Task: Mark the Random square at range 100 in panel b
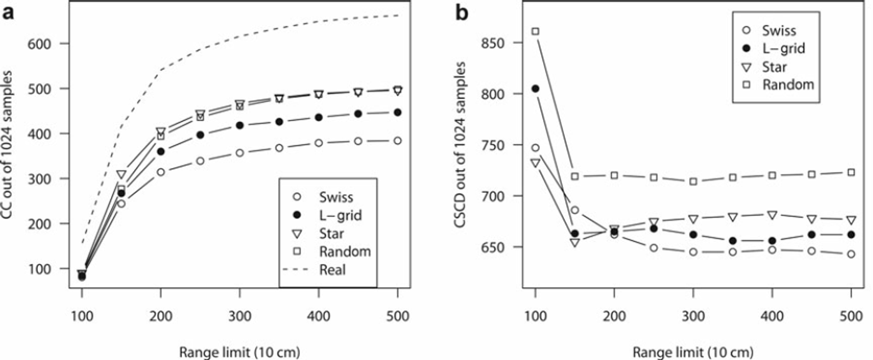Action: click(535, 31)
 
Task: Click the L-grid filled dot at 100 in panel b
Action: click(535, 89)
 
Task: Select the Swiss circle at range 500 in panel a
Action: click(397, 141)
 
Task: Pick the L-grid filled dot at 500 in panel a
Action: click(397, 112)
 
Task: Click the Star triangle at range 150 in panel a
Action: click(122, 175)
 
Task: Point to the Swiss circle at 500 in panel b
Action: click(851, 254)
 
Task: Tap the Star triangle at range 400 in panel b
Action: click(772, 215)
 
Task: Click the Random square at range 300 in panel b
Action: click(693, 182)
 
